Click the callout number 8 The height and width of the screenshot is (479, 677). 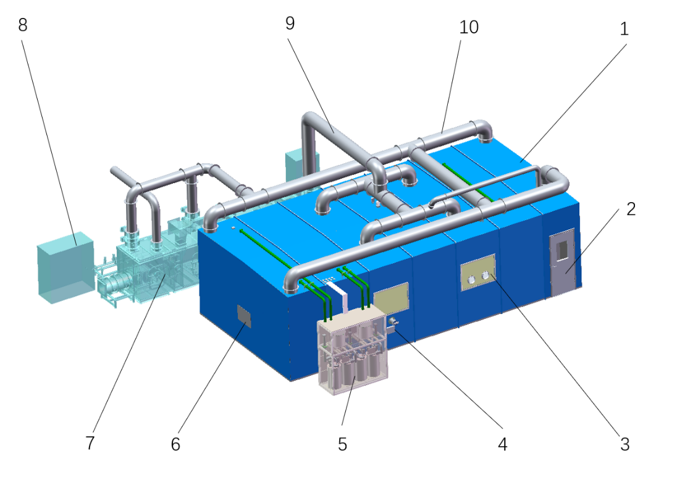click(x=23, y=25)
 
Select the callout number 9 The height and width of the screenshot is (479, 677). click(x=290, y=23)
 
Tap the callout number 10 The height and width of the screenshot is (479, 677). click(x=468, y=27)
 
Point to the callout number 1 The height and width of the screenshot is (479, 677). click(x=624, y=29)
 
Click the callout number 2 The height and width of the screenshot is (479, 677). click(x=631, y=209)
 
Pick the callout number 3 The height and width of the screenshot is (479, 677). click(x=624, y=444)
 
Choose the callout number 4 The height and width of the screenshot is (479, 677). click(x=502, y=444)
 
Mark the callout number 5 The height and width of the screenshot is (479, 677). click(x=342, y=444)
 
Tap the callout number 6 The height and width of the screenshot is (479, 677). click(x=175, y=444)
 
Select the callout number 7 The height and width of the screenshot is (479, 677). click(x=90, y=443)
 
